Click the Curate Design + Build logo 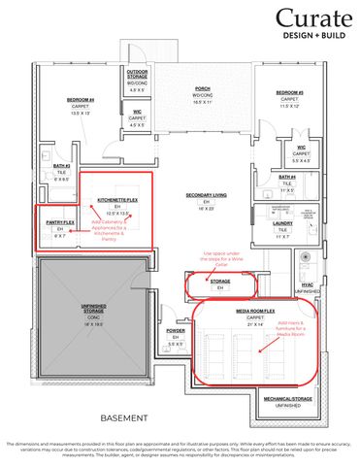312,25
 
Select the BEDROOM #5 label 288,93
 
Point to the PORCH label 203,88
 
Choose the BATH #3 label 63,166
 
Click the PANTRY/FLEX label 60,222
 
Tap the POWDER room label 176,330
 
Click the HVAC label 308,285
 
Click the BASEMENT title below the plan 124,417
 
